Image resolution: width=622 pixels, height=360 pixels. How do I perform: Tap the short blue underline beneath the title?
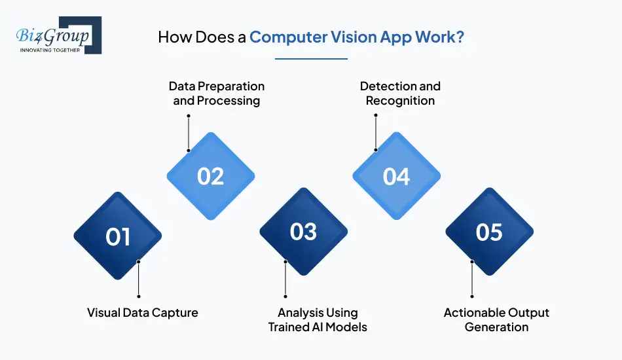pyautogui.click(x=311, y=59)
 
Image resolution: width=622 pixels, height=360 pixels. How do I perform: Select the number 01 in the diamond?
pyautogui.click(x=118, y=236)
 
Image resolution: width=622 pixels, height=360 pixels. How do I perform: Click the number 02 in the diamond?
pyautogui.click(x=211, y=177)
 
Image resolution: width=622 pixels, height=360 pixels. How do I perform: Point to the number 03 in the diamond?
pyautogui.click(x=303, y=232)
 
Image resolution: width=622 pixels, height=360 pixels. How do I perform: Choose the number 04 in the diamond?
pyautogui.click(x=396, y=177)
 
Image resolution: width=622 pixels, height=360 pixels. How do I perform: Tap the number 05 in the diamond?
pyautogui.click(x=489, y=232)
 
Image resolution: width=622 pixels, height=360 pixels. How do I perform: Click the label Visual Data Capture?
pyautogui.click(x=142, y=313)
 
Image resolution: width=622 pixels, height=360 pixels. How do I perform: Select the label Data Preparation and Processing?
pyautogui.click(x=217, y=94)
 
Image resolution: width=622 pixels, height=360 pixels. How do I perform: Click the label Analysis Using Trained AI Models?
pyautogui.click(x=318, y=319)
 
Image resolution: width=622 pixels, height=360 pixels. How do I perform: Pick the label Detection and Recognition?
pyautogui.click(x=400, y=94)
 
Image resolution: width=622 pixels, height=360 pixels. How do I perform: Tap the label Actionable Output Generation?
pyautogui.click(x=496, y=319)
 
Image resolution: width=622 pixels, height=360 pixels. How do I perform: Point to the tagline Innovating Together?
pyautogui.click(x=50, y=49)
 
